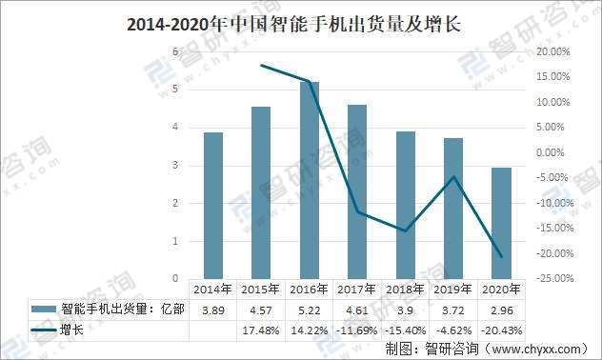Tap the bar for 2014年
[x=212, y=205]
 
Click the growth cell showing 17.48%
[x=260, y=330]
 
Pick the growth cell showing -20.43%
[x=501, y=330]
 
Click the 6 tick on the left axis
[x=175, y=51]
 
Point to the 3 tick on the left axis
[x=175, y=166]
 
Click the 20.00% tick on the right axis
[x=553, y=51]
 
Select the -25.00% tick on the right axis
[x=553, y=279]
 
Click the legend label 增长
[x=73, y=330]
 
